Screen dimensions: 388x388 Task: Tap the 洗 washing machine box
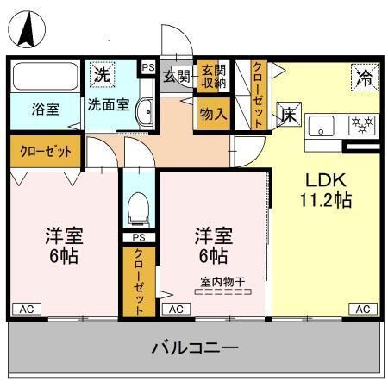coord(103,74)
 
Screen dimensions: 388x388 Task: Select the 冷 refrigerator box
coord(363,78)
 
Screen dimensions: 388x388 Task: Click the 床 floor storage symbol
coord(286,113)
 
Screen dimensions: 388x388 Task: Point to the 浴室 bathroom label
coord(45,110)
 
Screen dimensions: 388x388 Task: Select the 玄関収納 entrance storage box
coord(212,76)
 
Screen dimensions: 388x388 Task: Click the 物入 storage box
coord(212,112)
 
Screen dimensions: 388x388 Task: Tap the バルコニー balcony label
coord(195,349)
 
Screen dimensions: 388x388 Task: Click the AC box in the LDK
coord(363,309)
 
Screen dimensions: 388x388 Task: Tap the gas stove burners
coord(362,125)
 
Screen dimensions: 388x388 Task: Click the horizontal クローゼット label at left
coord(46,152)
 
